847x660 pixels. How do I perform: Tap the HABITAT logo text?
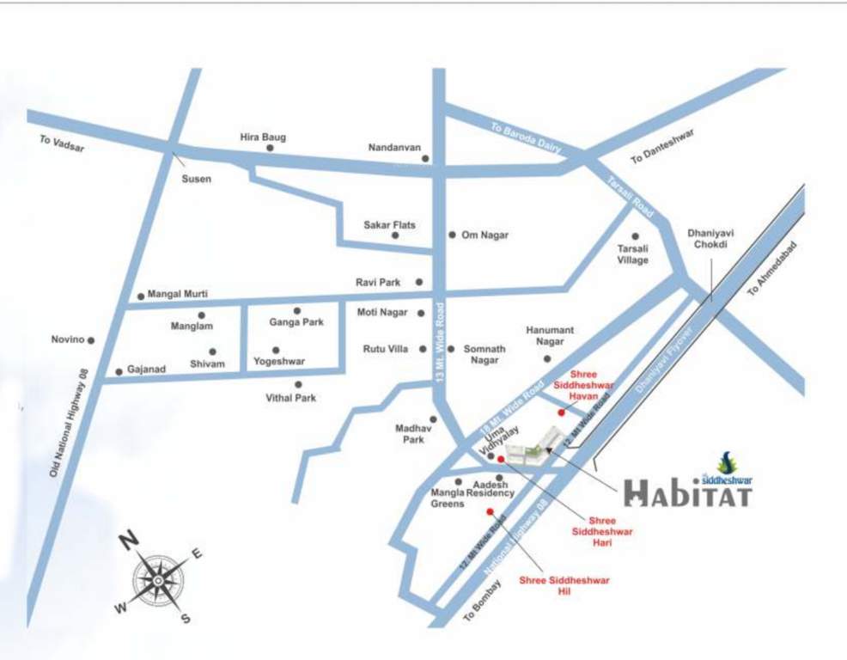(687, 492)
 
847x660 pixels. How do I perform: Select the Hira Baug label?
(263, 137)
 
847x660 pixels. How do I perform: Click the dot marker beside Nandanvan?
(427, 158)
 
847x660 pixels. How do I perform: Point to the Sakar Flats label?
(389, 225)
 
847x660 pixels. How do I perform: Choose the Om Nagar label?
(484, 235)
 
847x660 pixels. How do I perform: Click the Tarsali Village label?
(633, 254)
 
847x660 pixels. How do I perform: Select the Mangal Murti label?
(178, 294)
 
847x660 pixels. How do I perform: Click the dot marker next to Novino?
(91, 340)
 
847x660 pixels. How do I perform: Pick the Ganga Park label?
(296, 322)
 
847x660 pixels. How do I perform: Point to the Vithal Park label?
(291, 398)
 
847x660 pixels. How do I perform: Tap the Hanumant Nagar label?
(550, 336)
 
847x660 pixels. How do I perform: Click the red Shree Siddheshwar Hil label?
(564, 585)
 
